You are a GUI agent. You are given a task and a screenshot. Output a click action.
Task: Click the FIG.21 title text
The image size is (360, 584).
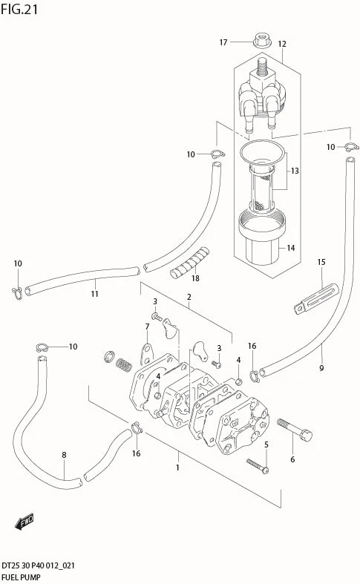19,9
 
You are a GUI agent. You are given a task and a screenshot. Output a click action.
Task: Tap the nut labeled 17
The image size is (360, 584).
262,41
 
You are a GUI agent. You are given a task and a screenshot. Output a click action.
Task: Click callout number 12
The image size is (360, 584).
282,44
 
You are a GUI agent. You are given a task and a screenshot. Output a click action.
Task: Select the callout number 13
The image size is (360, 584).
295,171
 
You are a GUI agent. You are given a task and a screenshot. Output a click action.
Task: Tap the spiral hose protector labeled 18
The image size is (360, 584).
190,262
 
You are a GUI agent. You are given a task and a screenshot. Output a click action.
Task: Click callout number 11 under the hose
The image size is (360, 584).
95,294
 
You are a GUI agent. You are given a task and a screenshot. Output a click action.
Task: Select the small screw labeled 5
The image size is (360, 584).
258,465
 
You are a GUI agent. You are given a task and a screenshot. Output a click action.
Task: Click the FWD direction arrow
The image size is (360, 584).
24,522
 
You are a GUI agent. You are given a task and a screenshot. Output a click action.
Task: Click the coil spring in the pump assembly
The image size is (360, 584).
124,366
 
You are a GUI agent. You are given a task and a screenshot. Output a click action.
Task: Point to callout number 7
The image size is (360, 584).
147,327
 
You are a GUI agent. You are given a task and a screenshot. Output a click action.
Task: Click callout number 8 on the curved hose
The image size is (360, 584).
64,455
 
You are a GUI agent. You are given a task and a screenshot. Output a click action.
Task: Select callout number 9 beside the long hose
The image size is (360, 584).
321,368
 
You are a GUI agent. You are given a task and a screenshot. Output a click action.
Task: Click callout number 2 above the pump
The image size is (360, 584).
189,297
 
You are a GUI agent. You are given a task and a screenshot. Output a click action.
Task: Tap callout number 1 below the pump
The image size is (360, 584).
177,467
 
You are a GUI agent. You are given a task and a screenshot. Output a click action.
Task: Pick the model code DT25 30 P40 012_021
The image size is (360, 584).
38,565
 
